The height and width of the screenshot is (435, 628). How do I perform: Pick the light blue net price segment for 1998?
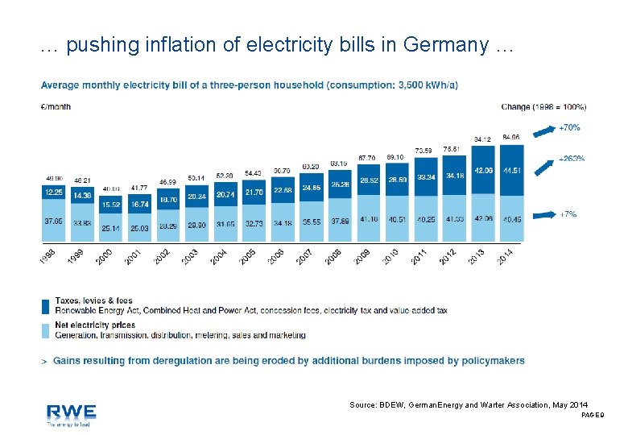coord(54,220)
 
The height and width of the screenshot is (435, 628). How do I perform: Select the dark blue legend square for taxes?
coord(46,305)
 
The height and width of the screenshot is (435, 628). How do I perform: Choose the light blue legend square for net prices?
coord(46,329)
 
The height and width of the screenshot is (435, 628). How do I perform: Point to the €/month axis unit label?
coord(56,106)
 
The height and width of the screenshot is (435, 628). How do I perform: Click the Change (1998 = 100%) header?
coord(543,106)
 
